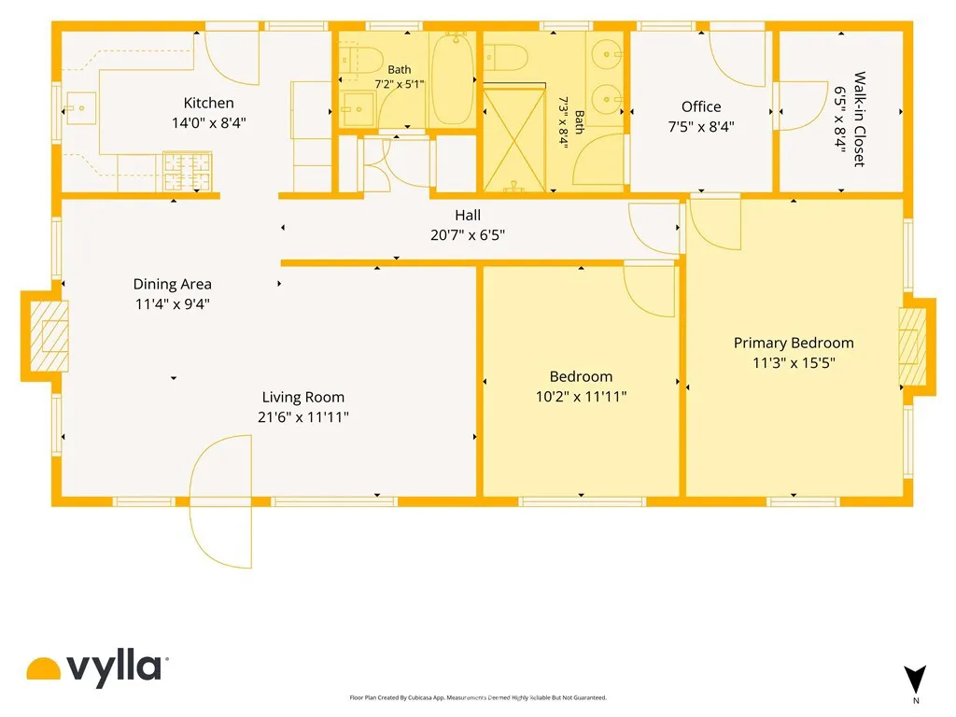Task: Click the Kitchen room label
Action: tap(208, 103)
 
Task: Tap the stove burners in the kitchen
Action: tap(187, 171)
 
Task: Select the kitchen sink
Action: tap(80, 108)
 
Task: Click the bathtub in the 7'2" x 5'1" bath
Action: tap(452, 79)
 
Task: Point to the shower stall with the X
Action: tap(514, 140)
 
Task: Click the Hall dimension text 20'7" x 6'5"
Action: tap(468, 235)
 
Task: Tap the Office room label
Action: tap(701, 106)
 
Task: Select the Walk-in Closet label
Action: tap(860, 119)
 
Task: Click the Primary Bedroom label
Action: tap(794, 343)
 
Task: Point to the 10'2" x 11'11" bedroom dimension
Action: tap(581, 397)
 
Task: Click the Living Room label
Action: tap(303, 397)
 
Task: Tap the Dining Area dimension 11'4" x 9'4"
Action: tap(173, 303)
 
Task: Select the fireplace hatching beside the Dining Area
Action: tap(49, 336)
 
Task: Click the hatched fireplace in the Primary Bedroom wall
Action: tap(913, 345)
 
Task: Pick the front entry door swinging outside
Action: tap(220, 501)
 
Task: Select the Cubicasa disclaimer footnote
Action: tap(478, 697)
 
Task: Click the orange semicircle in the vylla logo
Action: tap(44, 668)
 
